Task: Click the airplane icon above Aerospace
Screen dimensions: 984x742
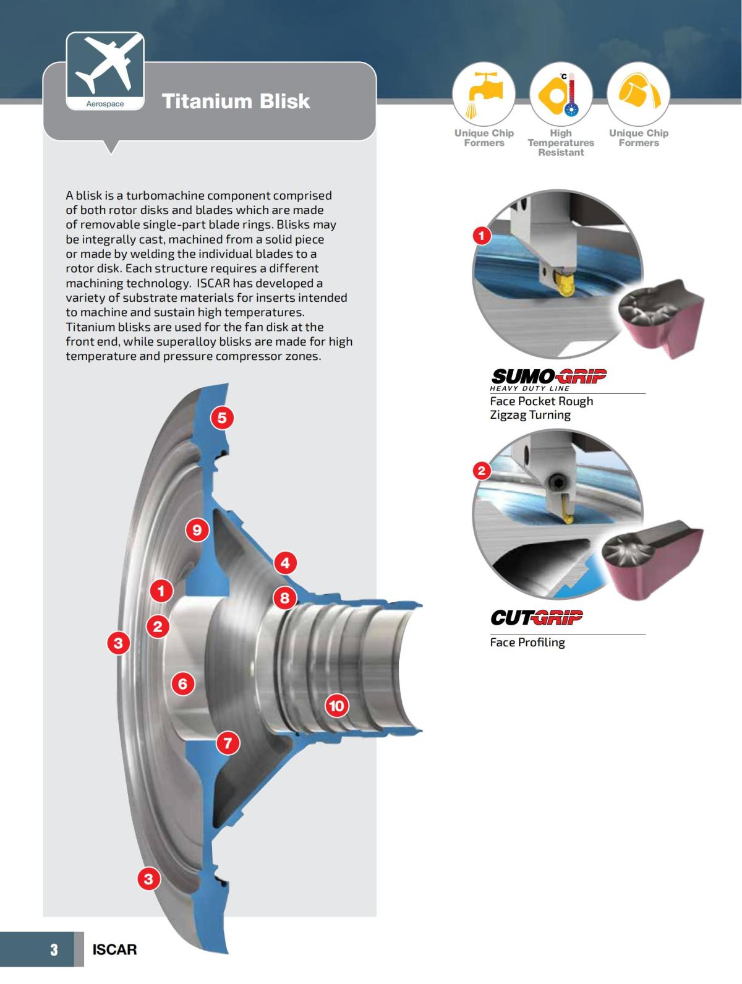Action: pyautogui.click(x=105, y=64)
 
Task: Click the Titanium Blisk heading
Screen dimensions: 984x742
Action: pyautogui.click(x=236, y=101)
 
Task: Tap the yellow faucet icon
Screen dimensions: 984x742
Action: pyautogui.click(x=484, y=93)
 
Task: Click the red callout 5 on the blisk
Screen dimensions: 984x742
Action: pyautogui.click(x=222, y=418)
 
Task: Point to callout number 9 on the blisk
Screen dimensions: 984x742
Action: pyautogui.click(x=197, y=530)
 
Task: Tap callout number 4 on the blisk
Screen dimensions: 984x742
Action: pyautogui.click(x=285, y=563)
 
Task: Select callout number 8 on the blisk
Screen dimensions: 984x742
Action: pyautogui.click(x=285, y=597)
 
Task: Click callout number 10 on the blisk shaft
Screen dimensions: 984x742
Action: pyautogui.click(x=336, y=706)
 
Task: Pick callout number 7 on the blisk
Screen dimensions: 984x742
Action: pyautogui.click(x=228, y=742)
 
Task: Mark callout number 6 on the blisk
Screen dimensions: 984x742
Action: pyautogui.click(x=182, y=683)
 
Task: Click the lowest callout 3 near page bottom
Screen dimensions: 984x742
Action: pyautogui.click(x=148, y=878)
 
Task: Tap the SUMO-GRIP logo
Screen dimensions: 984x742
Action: pyautogui.click(x=548, y=376)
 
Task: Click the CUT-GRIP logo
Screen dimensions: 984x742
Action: pyautogui.click(x=536, y=617)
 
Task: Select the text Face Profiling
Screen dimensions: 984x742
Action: pyautogui.click(x=527, y=642)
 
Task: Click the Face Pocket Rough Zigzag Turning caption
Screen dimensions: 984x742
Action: pyautogui.click(x=541, y=408)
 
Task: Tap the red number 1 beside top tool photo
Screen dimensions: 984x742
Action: pyautogui.click(x=482, y=236)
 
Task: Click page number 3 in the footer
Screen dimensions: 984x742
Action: pyautogui.click(x=54, y=949)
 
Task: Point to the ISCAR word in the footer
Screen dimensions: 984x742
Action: pyautogui.click(x=114, y=949)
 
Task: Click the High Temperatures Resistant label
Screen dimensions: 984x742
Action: pyautogui.click(x=561, y=143)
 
